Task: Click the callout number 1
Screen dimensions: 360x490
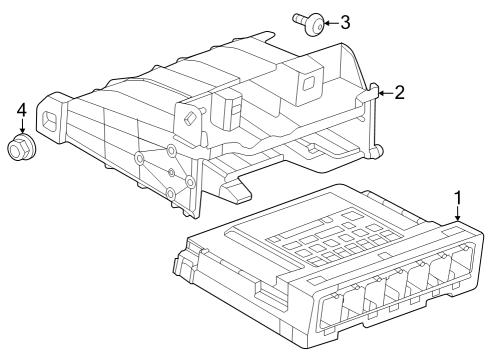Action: click(x=458, y=197)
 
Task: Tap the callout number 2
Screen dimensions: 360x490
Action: click(x=399, y=93)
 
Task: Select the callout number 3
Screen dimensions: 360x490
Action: click(x=345, y=22)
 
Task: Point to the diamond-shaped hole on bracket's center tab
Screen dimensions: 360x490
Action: click(x=187, y=117)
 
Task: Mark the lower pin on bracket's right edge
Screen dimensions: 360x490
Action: click(x=378, y=151)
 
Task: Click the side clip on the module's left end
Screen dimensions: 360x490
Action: click(x=182, y=266)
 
